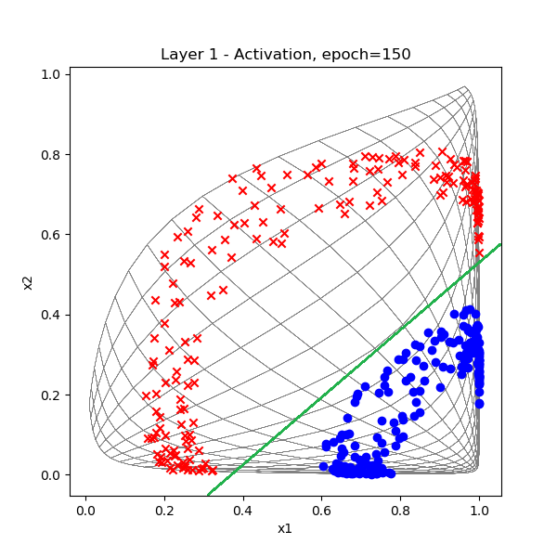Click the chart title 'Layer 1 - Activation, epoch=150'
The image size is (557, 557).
click(286, 54)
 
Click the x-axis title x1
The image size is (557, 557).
click(286, 529)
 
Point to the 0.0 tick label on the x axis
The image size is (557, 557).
click(85, 511)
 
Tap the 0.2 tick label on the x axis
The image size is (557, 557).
click(164, 511)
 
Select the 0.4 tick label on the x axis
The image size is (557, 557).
click(243, 511)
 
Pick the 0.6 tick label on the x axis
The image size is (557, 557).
click(322, 511)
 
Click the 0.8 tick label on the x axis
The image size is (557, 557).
click(401, 511)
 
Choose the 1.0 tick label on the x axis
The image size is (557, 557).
click(479, 511)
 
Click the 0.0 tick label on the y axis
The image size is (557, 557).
click(53, 475)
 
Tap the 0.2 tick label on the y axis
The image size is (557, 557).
click(53, 395)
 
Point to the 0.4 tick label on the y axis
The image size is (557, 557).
click(53, 315)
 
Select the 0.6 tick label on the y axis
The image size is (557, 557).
click(53, 235)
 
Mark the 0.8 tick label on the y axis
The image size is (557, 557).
click(53, 154)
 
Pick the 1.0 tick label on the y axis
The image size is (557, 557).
click(53, 74)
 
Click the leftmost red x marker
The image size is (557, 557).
click(146, 395)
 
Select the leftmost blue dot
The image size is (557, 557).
click(323, 466)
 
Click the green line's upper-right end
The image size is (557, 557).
click(500, 245)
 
